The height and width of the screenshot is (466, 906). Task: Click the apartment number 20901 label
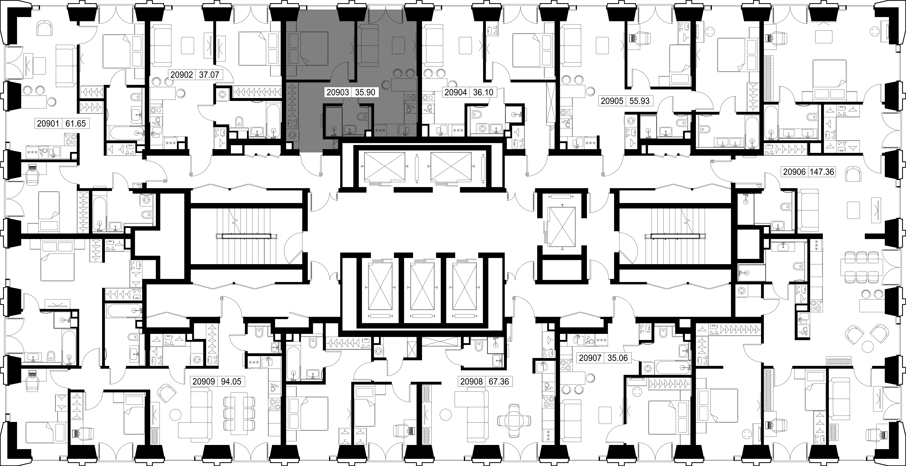click(48, 124)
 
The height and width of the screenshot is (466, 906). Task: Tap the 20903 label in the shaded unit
click(338, 93)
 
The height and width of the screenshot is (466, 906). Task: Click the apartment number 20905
click(612, 101)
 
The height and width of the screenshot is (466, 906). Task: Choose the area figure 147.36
click(822, 172)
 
